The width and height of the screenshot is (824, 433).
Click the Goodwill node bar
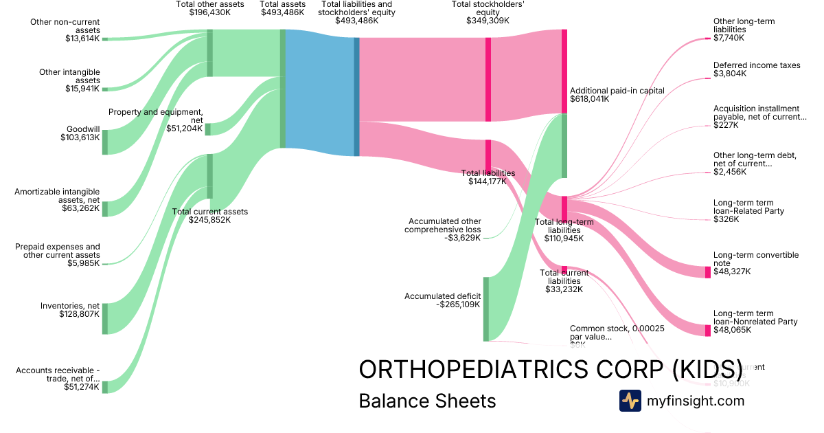pyautogui.click(x=105, y=142)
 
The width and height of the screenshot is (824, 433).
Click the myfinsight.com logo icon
pyautogui.click(x=630, y=401)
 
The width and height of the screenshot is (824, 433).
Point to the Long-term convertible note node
pyautogui.click(x=708, y=272)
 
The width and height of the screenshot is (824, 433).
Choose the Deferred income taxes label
pyautogui.click(x=757, y=65)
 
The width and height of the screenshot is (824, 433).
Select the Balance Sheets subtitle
pyautogui.click(x=427, y=401)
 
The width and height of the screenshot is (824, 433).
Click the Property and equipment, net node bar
pyautogui.click(x=208, y=129)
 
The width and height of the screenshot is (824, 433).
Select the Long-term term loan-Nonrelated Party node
pyautogui.click(x=708, y=331)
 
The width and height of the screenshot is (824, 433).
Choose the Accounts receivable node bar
pyautogui.click(x=105, y=386)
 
